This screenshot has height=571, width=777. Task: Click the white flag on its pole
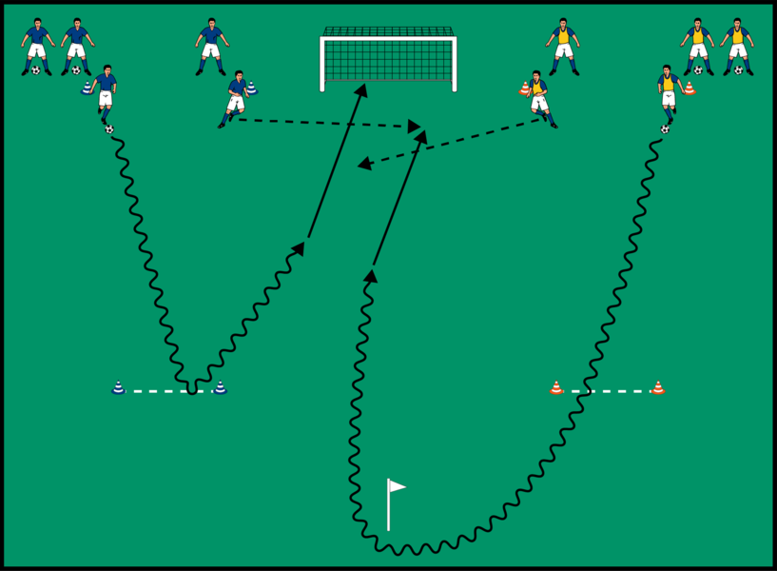(396, 486)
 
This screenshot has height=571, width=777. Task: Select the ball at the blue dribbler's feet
(109, 128)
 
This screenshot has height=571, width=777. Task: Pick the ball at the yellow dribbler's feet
(665, 128)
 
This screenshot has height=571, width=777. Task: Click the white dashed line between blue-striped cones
(168, 390)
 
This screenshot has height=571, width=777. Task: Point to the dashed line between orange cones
(607, 390)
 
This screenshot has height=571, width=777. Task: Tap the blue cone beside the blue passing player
(251, 89)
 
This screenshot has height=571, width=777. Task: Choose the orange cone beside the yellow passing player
(524, 89)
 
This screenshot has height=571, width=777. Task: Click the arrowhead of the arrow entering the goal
(362, 89)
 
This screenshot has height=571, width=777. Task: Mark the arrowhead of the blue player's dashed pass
(416, 126)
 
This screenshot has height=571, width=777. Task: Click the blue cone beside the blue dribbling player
(87, 89)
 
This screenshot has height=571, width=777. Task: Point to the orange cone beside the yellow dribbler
(689, 89)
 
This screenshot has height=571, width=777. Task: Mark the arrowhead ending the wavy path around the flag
(370, 276)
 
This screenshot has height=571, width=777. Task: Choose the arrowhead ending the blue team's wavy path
(299, 248)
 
